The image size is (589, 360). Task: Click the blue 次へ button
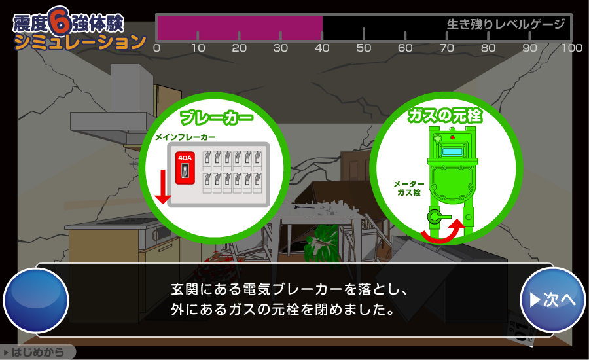tap(552, 300)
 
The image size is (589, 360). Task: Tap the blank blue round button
tap(36, 300)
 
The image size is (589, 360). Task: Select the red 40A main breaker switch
tap(185, 168)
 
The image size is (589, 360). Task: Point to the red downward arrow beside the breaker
tap(163, 187)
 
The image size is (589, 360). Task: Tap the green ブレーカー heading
tap(217, 118)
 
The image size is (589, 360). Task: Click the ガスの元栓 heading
tap(445, 115)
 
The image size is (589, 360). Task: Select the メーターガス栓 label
tap(408, 188)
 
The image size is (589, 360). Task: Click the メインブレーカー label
tap(186, 137)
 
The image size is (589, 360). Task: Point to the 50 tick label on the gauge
tap(364, 48)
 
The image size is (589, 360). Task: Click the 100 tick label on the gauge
tap(572, 48)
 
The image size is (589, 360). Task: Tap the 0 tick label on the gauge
tap(156, 48)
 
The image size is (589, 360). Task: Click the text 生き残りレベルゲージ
tap(506, 24)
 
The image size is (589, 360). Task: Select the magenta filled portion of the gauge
tap(240, 27)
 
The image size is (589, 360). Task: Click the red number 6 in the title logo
tap(60, 20)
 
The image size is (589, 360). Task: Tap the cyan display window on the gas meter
tap(452, 151)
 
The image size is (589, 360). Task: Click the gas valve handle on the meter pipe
tap(438, 217)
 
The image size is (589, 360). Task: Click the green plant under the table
tap(322, 245)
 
